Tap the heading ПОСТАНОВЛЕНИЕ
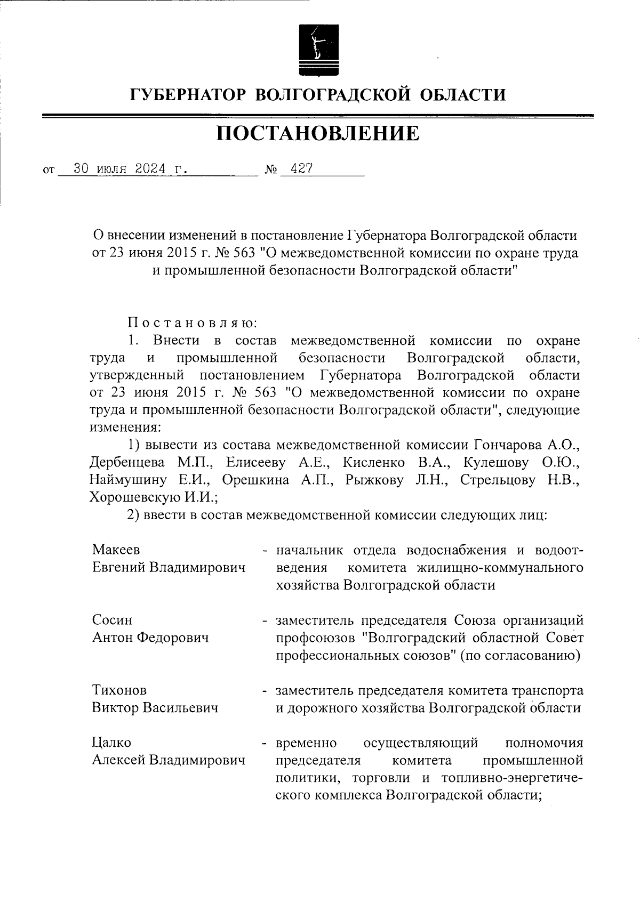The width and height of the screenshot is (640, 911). point(318,133)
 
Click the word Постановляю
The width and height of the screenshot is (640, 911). point(193,323)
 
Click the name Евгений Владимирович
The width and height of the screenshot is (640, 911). point(169,567)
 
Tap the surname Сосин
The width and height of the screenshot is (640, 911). point(113,620)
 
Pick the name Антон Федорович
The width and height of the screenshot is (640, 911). point(150,638)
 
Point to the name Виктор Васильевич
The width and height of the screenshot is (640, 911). point(155,708)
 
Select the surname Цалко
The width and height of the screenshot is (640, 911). point(111,743)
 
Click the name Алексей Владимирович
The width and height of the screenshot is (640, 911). point(169,760)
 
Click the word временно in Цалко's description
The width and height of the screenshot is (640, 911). point(306,743)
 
